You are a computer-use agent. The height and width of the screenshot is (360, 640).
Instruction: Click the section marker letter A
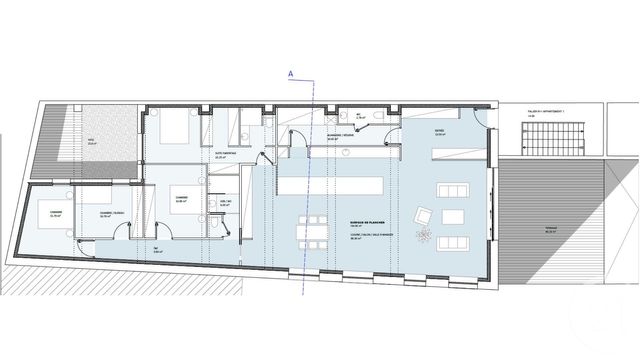coord(290,72)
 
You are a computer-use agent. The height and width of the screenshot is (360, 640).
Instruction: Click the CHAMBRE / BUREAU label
coord(111,213)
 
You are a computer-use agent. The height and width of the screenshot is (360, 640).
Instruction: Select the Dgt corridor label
coord(157,249)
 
